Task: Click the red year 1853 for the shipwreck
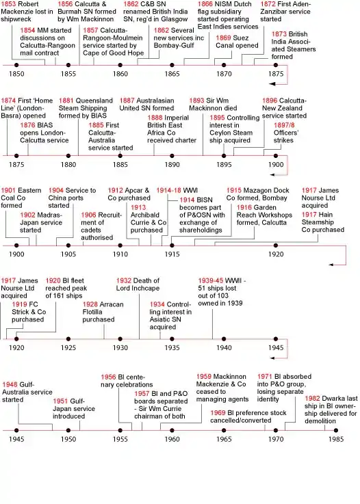tap(8, 4)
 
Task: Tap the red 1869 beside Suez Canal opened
tap(223, 38)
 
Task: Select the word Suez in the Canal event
tap(242, 38)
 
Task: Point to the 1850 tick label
tap(16, 74)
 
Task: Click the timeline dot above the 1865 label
tap(172, 65)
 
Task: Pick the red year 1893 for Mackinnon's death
tap(196, 101)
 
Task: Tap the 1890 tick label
tap(172, 165)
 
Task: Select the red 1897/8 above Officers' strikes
tap(284, 125)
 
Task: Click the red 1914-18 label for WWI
tap(169, 190)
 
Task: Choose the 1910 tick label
tap(120, 254)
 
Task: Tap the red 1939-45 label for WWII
tap(211, 280)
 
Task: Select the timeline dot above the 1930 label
tap(120, 339)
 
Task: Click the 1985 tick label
tap(336, 439)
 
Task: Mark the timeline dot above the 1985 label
tap(336, 430)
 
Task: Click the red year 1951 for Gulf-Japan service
tap(60, 401)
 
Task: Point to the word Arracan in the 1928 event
tap(112, 304)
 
